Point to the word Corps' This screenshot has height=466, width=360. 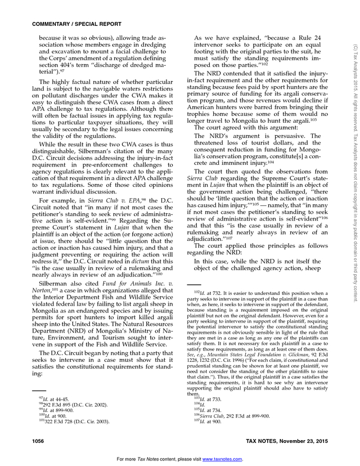(x=61, y=73)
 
